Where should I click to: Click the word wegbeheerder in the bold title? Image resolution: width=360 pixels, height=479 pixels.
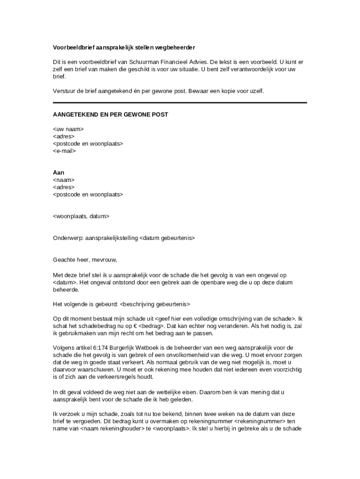click(175, 48)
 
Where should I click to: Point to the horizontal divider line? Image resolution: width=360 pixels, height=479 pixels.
click(180, 102)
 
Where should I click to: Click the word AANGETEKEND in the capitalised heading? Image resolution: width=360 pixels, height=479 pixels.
click(75, 115)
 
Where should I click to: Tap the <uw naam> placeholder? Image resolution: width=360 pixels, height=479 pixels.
click(68, 129)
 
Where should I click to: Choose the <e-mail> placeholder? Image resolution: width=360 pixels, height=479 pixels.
click(65, 151)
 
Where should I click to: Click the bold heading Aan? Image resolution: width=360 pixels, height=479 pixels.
click(58, 173)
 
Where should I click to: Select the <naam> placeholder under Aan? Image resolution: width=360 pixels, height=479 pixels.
click(64, 180)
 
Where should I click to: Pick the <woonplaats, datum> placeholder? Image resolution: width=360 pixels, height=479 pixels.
click(81, 217)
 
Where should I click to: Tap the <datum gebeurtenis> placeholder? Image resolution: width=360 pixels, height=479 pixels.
click(167, 238)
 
